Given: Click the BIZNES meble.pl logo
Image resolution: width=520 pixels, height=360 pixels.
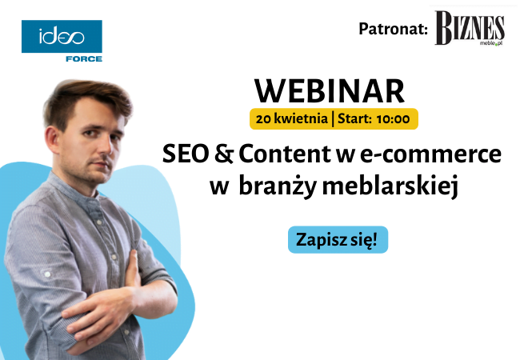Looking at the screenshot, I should (470, 30).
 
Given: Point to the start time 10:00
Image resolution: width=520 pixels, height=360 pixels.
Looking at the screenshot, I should (392, 119).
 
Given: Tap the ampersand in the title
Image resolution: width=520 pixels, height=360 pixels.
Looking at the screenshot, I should (222, 152).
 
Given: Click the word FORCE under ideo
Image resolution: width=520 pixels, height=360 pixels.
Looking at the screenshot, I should (84, 58).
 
